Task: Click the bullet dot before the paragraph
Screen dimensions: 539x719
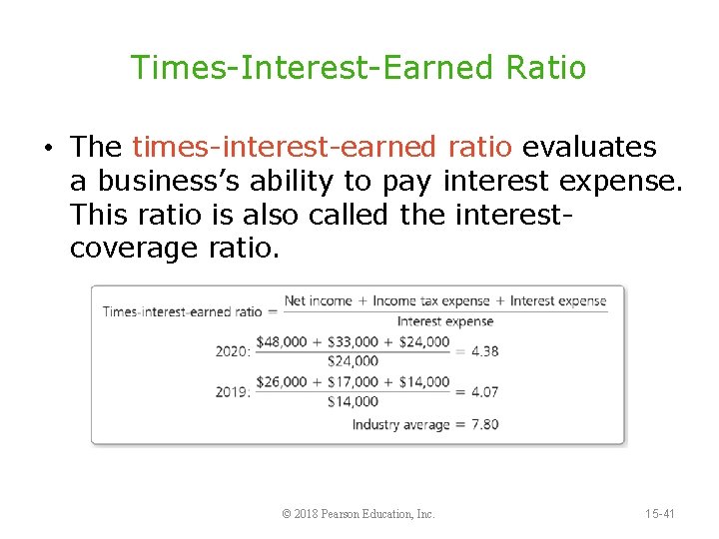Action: tap(48, 149)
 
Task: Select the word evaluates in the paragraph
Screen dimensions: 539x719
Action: tap(589, 148)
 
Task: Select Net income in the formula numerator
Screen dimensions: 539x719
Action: tap(319, 300)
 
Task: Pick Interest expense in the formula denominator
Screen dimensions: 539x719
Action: tap(444, 321)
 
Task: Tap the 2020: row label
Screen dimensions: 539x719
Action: tap(234, 351)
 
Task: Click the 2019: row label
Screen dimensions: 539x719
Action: tap(234, 391)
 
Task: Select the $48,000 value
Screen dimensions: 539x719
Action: tap(282, 341)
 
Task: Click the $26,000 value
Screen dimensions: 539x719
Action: tap(282, 381)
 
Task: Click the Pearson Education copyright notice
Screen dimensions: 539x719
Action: tap(359, 514)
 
